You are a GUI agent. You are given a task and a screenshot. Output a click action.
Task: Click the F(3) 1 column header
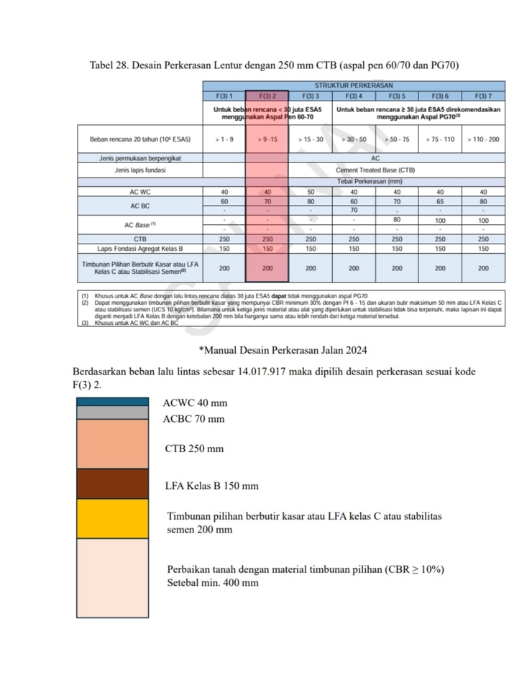pyautogui.click(x=224, y=96)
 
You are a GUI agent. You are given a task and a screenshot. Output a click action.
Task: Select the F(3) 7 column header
pyautogui.click(x=483, y=96)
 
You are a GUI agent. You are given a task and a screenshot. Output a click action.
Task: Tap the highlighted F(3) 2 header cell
pyautogui.click(x=267, y=96)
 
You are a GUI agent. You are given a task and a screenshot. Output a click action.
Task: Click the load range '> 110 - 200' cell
pyautogui.click(x=483, y=139)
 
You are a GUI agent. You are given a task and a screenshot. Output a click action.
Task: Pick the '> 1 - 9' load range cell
pyautogui.click(x=224, y=139)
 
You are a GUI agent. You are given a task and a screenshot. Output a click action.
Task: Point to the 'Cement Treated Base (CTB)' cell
pyautogui.click(x=375, y=170)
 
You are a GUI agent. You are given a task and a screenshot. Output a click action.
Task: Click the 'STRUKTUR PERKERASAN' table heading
pyautogui.click(x=353, y=86)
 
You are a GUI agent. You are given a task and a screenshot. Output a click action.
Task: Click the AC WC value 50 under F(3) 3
pyautogui.click(x=311, y=192)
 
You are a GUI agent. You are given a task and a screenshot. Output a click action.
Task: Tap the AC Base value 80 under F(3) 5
pyautogui.click(x=397, y=219)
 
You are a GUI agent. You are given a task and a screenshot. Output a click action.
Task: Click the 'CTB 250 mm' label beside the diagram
pyautogui.click(x=194, y=448)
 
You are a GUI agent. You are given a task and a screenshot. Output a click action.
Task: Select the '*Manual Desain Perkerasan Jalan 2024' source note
pyautogui.click(x=283, y=350)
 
